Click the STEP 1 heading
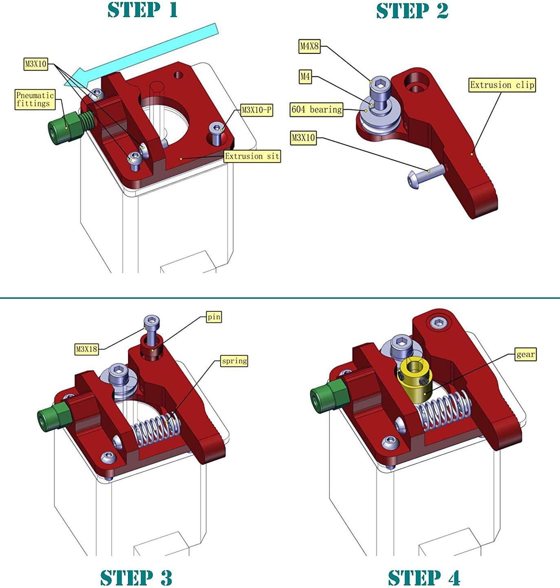pos(143,10)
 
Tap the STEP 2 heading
pos(412,11)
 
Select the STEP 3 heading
pos(136,577)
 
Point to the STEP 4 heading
pos(424,577)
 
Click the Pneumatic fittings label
pos(35,99)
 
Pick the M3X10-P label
pos(256,110)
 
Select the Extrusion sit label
pos(252,156)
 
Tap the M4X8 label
pos(309,46)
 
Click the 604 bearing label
pos(316,110)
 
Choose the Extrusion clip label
pos(502,85)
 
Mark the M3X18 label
pos(87,349)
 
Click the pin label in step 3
pos(214,317)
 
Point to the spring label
pos(234,361)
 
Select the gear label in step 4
pos(525,354)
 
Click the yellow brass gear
pos(414,381)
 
